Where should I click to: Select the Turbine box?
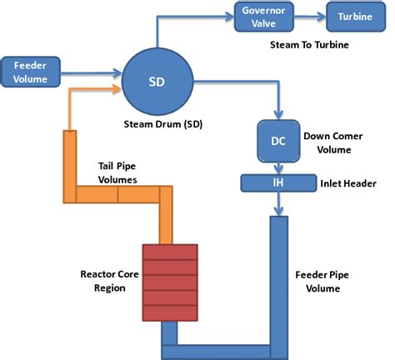click(349, 17)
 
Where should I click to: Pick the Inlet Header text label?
click(348, 182)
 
